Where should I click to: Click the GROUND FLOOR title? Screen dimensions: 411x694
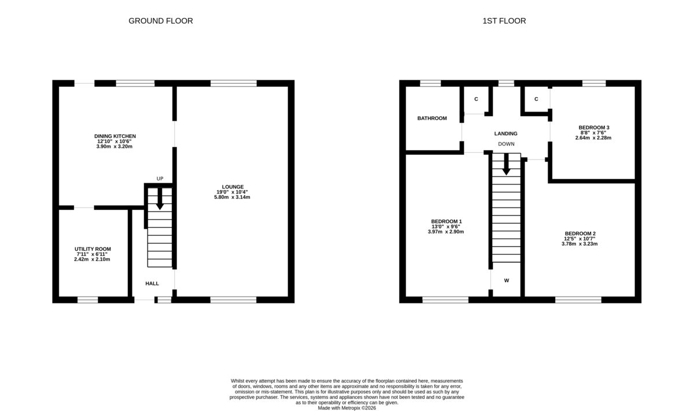160,21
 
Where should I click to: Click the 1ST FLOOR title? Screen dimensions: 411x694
504,21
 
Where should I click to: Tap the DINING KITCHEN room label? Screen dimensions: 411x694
115,136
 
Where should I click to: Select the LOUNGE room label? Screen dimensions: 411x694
232,187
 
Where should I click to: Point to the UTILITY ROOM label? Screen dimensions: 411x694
93,249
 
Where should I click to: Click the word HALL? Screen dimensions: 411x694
152,283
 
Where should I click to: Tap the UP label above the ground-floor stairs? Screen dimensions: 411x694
160,179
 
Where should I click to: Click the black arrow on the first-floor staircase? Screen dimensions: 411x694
506,165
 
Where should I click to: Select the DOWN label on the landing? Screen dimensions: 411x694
506,144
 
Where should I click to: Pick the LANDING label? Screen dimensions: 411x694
505,134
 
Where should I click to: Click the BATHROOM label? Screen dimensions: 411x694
432,119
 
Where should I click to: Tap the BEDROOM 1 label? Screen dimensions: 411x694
446,221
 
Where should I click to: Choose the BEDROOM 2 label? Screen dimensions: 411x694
580,234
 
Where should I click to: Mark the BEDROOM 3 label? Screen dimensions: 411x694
594,127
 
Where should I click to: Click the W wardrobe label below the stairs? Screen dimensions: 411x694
506,281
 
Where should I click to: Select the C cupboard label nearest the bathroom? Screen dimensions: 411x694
476,99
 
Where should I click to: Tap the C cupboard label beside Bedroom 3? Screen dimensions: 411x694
536,99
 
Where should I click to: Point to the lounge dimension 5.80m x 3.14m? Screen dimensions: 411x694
232,197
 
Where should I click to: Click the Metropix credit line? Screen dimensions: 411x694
347,408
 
